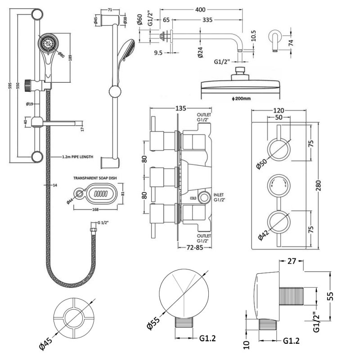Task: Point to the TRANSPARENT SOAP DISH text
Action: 95,178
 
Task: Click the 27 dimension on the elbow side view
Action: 291,261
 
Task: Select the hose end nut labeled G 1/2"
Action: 93,231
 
